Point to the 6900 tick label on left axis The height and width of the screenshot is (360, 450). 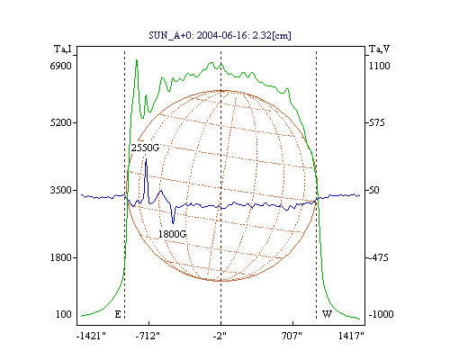click(x=61, y=66)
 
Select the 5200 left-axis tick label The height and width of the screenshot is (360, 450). click(x=61, y=122)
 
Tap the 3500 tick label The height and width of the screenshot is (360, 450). click(x=61, y=190)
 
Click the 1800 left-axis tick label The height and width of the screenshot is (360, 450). click(x=61, y=257)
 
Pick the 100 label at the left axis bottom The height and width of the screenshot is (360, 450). click(x=64, y=314)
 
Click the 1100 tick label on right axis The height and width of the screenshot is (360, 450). click(x=380, y=66)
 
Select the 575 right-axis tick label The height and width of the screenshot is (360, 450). click(x=376, y=122)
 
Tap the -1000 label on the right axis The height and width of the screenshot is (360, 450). click(x=381, y=314)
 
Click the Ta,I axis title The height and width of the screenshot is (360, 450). click(x=63, y=49)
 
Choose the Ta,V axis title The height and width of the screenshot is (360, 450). click(x=379, y=49)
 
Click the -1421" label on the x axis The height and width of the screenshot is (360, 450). click(x=91, y=336)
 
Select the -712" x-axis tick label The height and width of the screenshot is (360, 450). click(x=148, y=336)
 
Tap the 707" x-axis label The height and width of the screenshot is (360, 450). click(x=292, y=336)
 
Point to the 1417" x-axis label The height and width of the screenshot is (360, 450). click(x=351, y=336)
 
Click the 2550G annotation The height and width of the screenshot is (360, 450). click(x=145, y=148)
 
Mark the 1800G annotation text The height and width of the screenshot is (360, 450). click(x=172, y=234)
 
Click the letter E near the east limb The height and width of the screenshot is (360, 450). click(x=118, y=314)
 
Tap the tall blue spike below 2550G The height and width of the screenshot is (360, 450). click(x=146, y=180)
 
